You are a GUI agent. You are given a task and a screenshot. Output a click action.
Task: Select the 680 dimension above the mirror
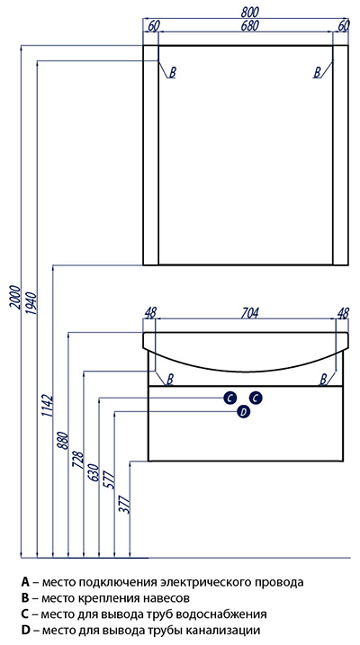(249, 26)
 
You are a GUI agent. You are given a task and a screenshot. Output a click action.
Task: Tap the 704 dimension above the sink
(249, 313)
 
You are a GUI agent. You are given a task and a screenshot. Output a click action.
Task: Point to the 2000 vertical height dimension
(14, 296)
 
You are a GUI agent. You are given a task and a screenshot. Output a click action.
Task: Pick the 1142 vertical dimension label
(48, 406)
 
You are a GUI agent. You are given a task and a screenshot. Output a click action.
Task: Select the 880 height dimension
(64, 441)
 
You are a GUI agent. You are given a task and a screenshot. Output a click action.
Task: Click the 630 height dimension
(94, 472)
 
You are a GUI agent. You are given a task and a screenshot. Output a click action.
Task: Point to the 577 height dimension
(110, 479)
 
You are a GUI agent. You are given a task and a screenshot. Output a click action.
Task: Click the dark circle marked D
(244, 411)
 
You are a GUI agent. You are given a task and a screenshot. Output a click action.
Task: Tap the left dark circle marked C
(229, 398)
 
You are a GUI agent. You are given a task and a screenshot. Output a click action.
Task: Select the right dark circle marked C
(256, 398)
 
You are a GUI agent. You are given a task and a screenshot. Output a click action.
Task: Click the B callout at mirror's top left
(173, 73)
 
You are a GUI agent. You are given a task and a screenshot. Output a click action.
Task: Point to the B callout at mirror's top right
(317, 73)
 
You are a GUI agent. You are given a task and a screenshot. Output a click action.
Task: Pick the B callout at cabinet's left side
(170, 378)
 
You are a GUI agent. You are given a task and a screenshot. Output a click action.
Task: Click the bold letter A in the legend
(25, 582)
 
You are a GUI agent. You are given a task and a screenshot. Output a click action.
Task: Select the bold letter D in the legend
(25, 630)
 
